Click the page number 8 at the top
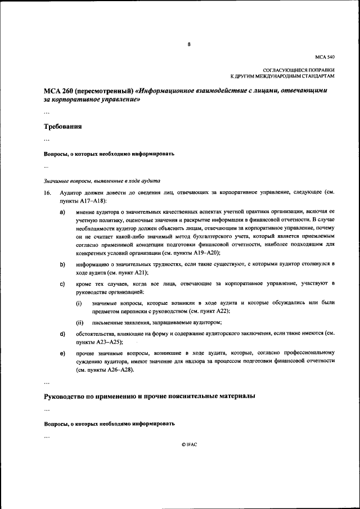click(189, 44)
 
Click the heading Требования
click(63, 127)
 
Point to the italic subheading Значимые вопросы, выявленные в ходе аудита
click(102, 181)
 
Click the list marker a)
click(62, 212)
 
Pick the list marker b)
click(62, 263)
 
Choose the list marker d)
click(62, 334)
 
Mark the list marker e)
click(62, 353)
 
